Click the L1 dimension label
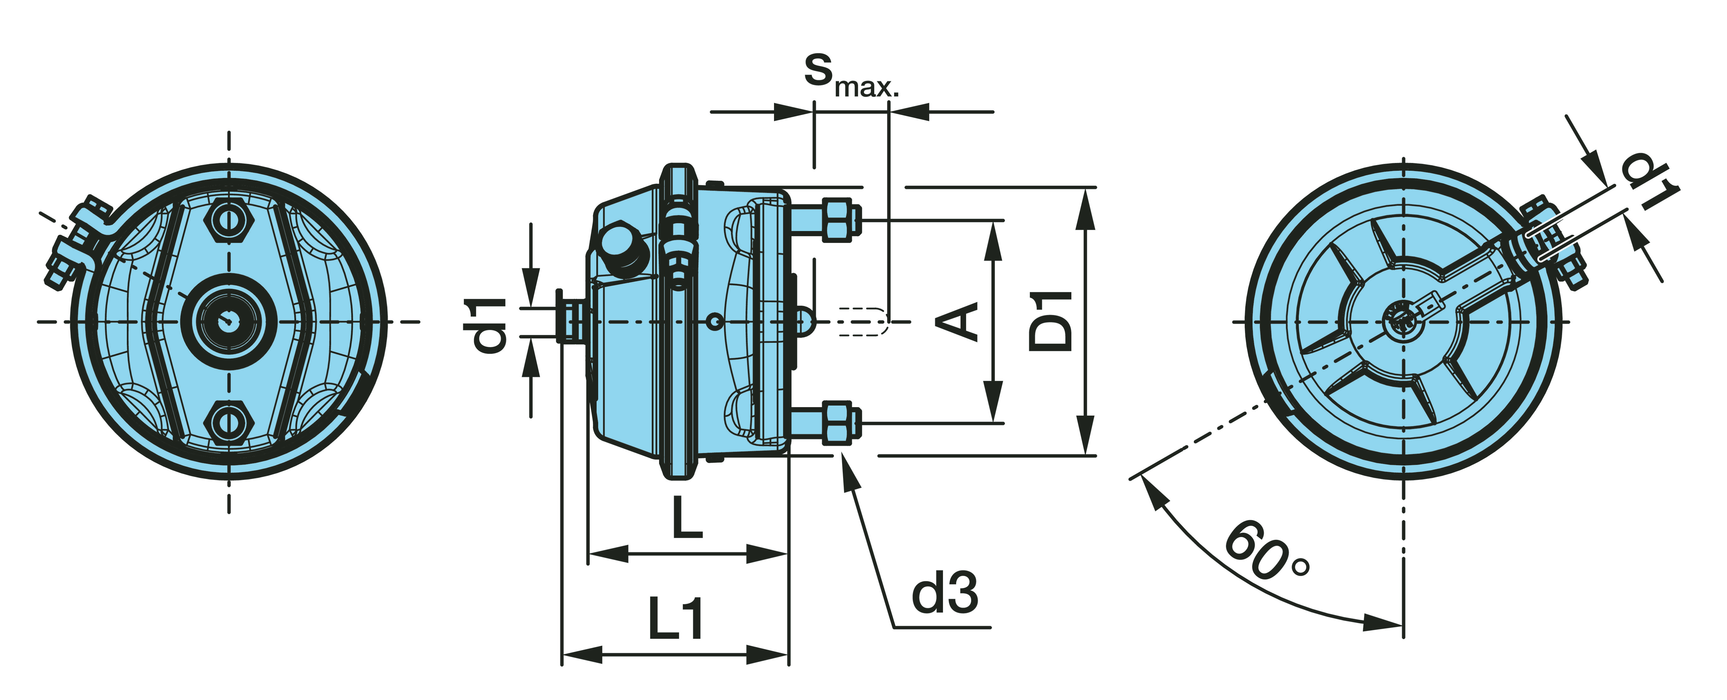pos(675,620)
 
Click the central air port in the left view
pos(229,321)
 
